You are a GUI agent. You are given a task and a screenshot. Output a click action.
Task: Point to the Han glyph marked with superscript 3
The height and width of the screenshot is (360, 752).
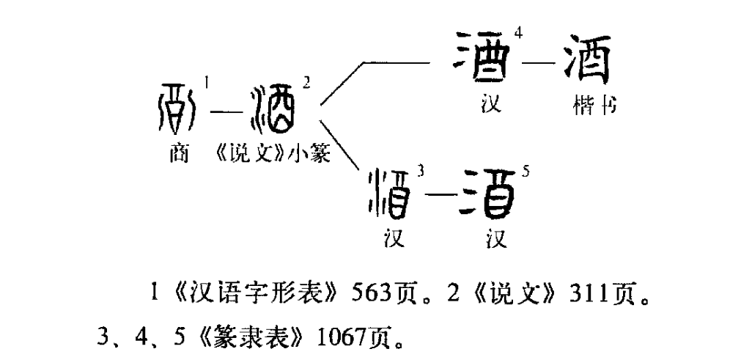[x=392, y=193]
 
